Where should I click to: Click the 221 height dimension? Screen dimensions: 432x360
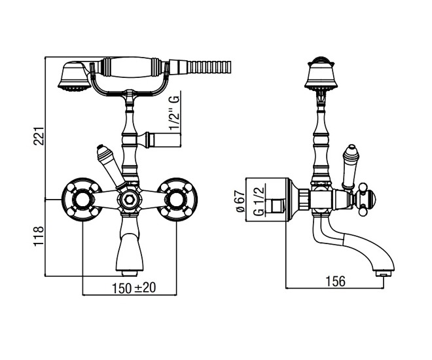39,136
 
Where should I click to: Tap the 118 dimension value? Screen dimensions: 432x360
39,236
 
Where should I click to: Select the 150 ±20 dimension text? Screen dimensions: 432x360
134,288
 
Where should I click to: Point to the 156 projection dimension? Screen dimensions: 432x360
335,281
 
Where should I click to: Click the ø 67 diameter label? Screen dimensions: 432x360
240,201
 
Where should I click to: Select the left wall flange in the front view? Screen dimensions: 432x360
81,200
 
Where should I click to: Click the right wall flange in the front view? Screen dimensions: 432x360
177,200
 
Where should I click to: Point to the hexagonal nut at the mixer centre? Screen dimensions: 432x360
128,198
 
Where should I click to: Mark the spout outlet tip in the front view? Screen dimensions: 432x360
130,274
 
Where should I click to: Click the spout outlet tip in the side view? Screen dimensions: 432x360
384,274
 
